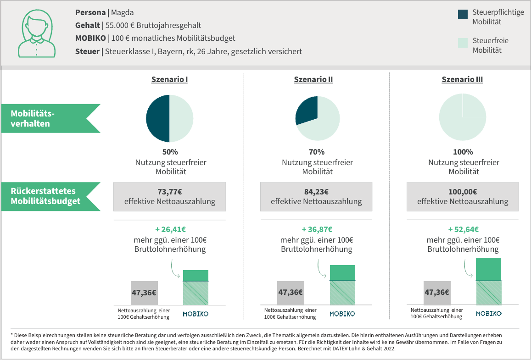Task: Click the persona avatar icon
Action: coord(36,33)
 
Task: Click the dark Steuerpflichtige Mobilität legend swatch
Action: coord(463,14)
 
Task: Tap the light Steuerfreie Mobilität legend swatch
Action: coord(463,43)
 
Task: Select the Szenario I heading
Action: coord(169,79)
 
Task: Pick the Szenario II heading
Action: coord(313,79)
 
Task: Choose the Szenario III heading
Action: coord(462,79)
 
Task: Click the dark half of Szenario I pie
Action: coord(158,118)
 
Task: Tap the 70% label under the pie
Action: coord(317,152)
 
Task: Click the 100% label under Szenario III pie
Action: coord(463,152)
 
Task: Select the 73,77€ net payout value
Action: coord(169,192)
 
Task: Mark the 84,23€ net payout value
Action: coord(316,192)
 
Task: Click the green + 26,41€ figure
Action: coord(169,229)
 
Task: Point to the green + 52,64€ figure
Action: coord(463,229)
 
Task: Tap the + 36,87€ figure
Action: coord(316,229)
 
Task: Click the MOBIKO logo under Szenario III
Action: coord(489,314)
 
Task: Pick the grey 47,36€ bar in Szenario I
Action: coord(144,293)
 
